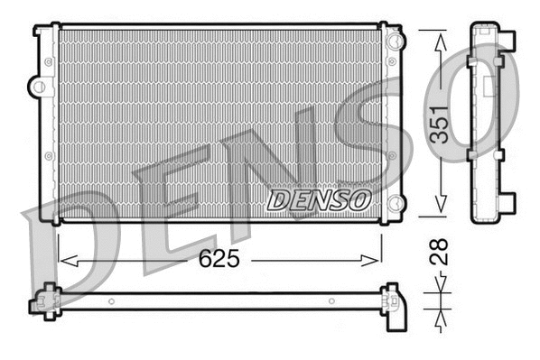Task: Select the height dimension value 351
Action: tap(439, 123)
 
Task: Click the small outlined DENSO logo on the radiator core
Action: tap(319, 198)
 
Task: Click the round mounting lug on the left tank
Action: tap(37, 87)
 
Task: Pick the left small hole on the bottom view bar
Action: tap(110, 301)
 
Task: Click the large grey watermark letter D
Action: tap(72, 253)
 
